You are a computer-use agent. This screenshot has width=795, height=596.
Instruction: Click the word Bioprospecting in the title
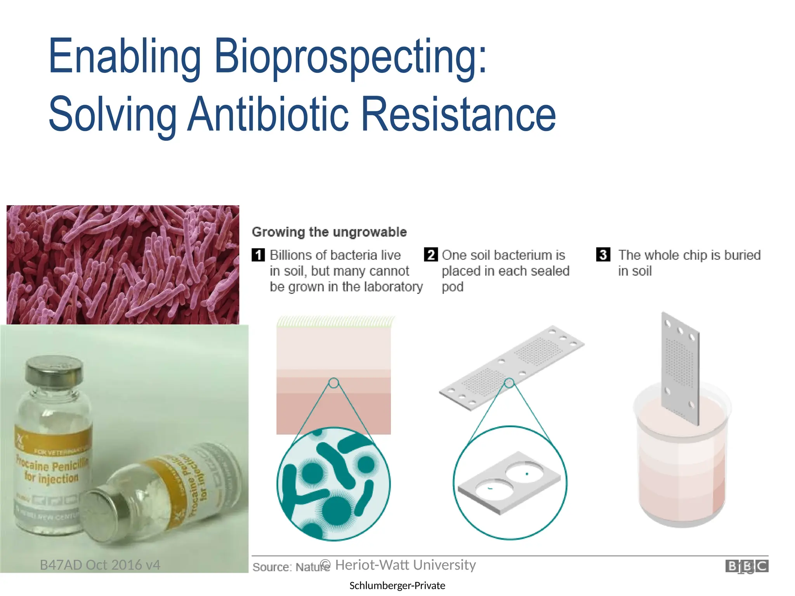click(350, 56)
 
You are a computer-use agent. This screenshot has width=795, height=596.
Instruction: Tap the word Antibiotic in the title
click(268, 114)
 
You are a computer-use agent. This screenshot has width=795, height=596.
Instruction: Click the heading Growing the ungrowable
click(329, 232)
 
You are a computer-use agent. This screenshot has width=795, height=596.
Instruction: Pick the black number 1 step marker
click(258, 255)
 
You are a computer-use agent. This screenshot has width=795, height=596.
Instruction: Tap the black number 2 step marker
click(430, 255)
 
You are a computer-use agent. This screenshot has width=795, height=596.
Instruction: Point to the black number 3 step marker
click(603, 255)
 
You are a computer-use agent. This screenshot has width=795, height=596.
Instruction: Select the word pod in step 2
click(452, 287)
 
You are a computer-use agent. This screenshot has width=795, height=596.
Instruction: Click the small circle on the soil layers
click(333, 383)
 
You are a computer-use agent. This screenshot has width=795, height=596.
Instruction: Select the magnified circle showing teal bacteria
click(333, 484)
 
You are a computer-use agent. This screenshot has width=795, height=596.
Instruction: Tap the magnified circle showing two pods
click(510, 483)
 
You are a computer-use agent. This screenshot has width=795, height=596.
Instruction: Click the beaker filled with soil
click(682, 462)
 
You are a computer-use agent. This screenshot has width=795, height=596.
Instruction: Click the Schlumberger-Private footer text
click(397, 586)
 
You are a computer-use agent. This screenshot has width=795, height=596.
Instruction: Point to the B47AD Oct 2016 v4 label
click(100, 565)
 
